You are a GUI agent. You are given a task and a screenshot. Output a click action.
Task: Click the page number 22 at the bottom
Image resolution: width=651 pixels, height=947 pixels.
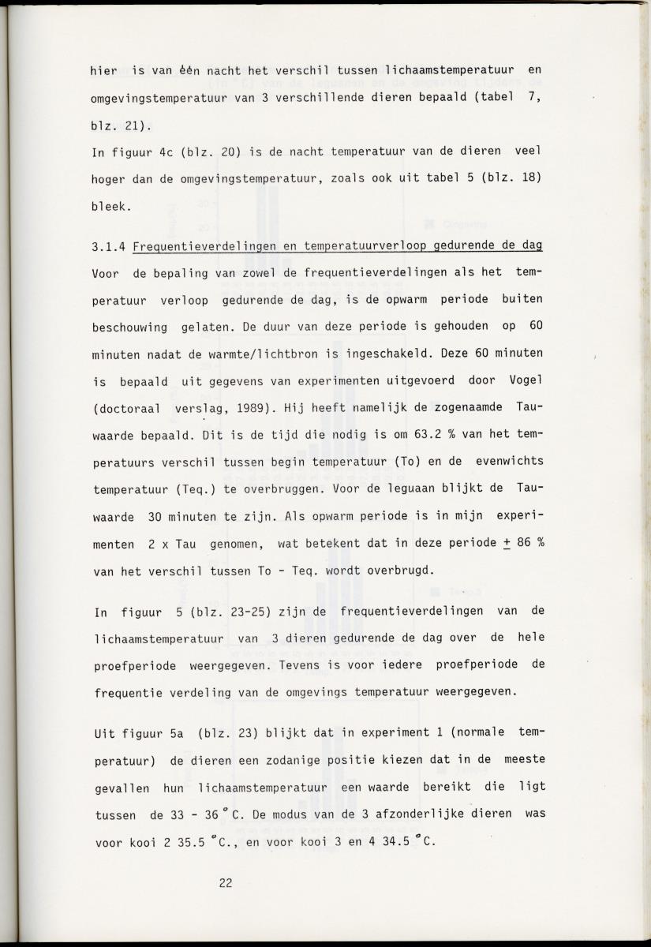(225, 883)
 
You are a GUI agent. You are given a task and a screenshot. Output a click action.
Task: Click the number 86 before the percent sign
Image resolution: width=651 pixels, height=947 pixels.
(522, 543)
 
